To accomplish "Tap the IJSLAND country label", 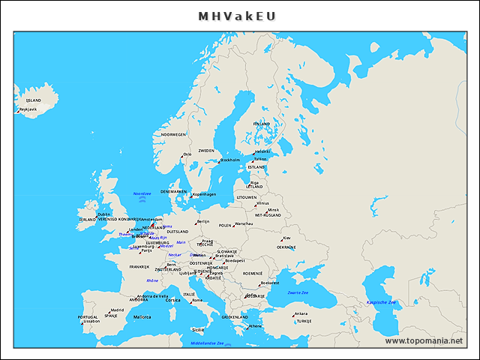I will [34, 100].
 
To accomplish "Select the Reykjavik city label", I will [28, 109].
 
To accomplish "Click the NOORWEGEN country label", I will [173, 135].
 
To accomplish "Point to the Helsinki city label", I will [262, 151].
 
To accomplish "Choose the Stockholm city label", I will [229, 160].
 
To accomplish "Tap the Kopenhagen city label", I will [204, 194].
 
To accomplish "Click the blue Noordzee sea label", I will [142, 193].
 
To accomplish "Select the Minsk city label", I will [273, 210].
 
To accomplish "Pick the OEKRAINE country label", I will [286, 247].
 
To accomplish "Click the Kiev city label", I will [286, 238].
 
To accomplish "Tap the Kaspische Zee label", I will [381, 302].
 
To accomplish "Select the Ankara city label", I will [301, 313].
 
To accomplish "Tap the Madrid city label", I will [117, 310].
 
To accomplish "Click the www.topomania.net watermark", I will [424, 340].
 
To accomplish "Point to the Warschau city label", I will [244, 223].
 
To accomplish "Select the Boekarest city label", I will [270, 283].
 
